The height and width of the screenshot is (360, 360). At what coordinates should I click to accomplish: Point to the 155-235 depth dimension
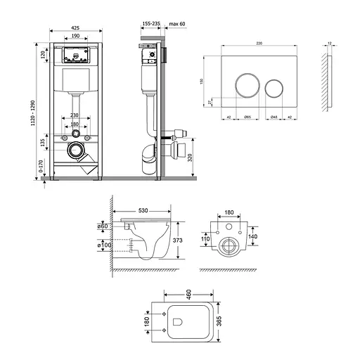(149, 22)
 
